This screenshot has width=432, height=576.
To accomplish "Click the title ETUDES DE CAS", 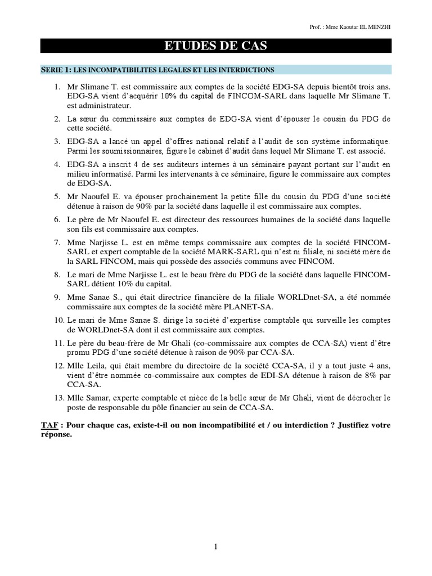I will pyautogui.click(x=215, y=47).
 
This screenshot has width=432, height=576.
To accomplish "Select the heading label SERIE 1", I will pyautogui.click(x=56, y=70).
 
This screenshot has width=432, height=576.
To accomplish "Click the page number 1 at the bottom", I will pyautogui.click(x=215, y=546).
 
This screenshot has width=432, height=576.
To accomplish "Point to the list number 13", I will pyautogui.click(x=58, y=398).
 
